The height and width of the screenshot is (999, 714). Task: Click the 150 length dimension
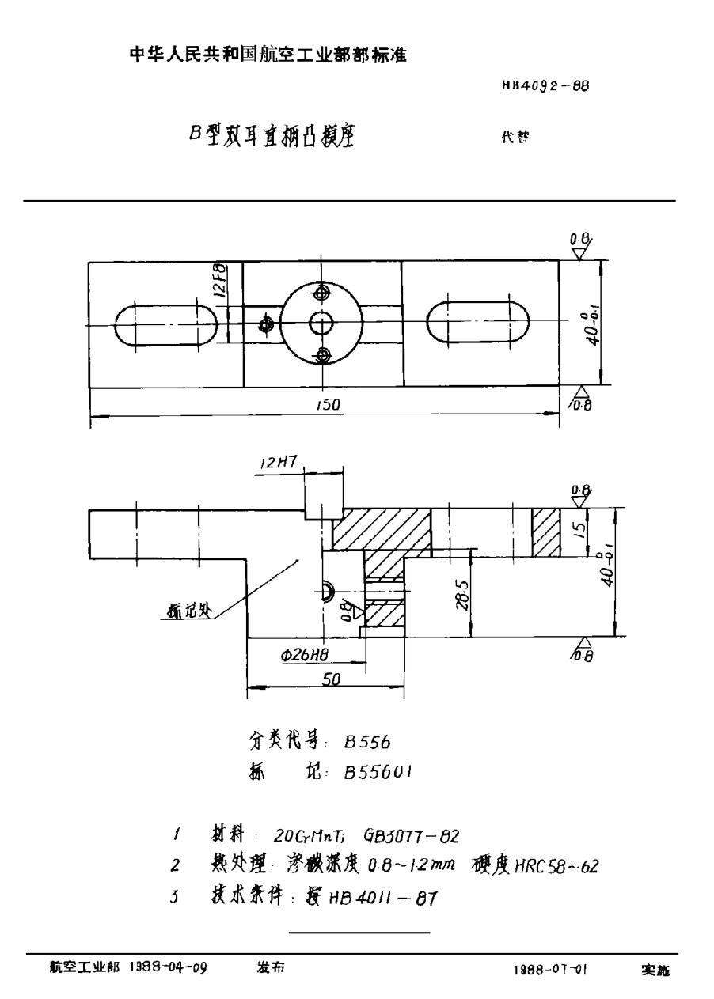(328, 403)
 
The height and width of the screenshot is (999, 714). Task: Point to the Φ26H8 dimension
(305, 655)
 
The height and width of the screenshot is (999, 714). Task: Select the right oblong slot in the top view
(478, 322)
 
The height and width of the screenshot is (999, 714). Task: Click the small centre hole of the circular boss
(321, 322)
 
